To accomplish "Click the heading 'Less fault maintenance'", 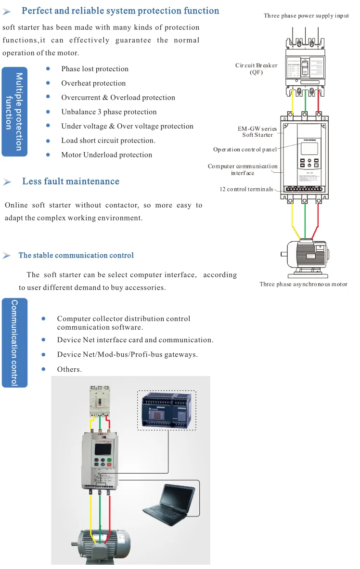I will [x=70, y=181].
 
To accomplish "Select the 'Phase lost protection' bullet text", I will [x=95, y=69].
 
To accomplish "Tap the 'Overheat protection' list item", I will [x=93, y=83].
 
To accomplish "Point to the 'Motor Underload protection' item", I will [x=106, y=155].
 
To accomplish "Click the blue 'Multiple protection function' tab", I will [x=14, y=112].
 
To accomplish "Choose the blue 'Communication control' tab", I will [x=14, y=342].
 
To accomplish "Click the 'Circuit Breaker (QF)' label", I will [x=256, y=69].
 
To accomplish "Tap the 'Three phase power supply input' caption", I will [x=306, y=16].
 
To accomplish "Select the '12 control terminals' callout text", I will [x=246, y=189].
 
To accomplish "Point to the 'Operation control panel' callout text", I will [x=245, y=149].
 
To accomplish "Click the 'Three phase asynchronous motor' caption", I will [x=303, y=284].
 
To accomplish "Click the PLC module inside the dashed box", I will [x=167, y=410].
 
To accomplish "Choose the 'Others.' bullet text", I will [x=69, y=370].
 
